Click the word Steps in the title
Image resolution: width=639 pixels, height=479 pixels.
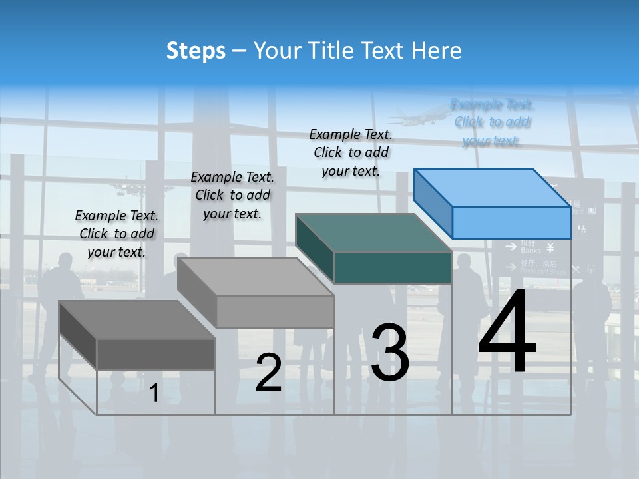pos(196,51)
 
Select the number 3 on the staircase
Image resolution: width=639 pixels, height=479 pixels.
pos(390,352)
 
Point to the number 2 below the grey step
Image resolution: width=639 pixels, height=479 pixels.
pos(268,373)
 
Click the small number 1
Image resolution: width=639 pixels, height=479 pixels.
pos(154,393)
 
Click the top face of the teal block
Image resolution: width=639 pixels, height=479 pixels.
pos(374,233)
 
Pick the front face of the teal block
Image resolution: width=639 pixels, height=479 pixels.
pos(393,267)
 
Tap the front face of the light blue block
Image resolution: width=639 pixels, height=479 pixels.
pos(511,222)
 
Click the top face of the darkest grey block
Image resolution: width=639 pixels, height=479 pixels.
pos(137,320)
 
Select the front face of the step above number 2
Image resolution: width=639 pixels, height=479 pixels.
pos(275,311)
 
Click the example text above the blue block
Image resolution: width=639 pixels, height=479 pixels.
pos(492,122)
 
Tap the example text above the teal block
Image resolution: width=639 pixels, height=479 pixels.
pos(351,152)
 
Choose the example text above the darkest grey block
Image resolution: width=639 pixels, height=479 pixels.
pos(116,234)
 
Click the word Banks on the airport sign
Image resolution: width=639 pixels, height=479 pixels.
pos(531,251)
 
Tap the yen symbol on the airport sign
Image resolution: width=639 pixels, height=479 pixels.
pos(550,248)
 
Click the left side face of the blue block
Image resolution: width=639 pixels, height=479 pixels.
pos(433,204)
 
